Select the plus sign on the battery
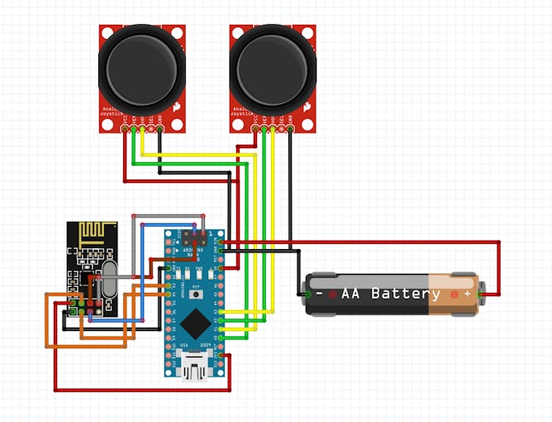click(467, 294)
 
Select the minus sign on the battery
click(318, 294)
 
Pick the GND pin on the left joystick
click(159, 130)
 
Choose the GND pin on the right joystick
click(291, 130)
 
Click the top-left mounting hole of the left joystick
click(107, 32)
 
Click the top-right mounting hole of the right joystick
click(307, 32)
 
